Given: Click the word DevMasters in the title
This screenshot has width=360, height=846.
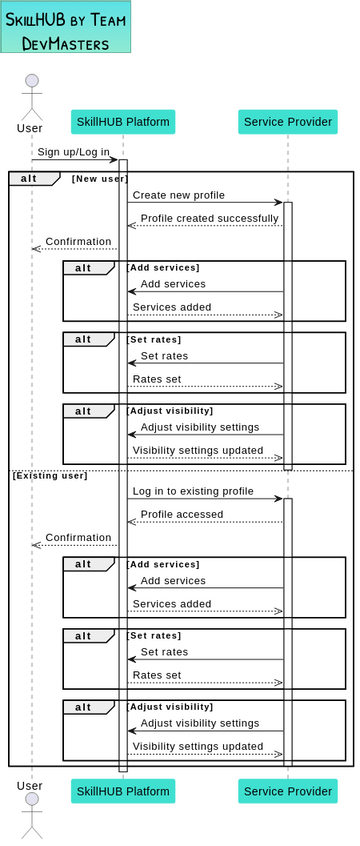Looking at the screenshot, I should click(x=65, y=43).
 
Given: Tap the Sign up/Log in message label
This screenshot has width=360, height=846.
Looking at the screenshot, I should click(x=74, y=152).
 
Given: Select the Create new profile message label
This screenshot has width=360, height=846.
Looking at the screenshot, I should click(x=178, y=195).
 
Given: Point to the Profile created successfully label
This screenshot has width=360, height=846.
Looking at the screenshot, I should click(x=209, y=218).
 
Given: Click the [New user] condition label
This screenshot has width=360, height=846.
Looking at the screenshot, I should click(x=99, y=178).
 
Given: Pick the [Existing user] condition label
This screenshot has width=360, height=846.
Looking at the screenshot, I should click(x=50, y=475).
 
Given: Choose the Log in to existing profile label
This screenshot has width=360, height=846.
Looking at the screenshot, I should click(x=193, y=491).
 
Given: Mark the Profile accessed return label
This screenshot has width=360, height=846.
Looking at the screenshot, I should click(x=182, y=514).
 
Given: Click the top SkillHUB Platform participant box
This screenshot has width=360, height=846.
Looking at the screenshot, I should click(x=123, y=122).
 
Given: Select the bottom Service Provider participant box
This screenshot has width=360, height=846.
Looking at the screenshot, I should click(x=287, y=792).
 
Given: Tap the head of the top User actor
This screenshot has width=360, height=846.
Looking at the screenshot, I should click(x=32, y=81).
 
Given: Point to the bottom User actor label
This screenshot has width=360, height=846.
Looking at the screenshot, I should click(x=30, y=787).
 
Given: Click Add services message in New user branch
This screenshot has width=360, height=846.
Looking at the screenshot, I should click(x=173, y=284).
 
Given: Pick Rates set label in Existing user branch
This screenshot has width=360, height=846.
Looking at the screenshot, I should click(x=157, y=675).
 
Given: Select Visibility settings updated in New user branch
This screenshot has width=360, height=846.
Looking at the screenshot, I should click(x=198, y=450).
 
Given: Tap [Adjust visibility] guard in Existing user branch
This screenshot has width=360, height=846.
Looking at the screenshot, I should click(x=169, y=707).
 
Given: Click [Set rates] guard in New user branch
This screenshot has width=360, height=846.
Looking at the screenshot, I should click(x=153, y=339).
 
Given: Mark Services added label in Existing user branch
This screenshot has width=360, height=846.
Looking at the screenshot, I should click(x=172, y=604).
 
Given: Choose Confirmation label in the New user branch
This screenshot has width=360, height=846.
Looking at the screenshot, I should click(x=78, y=241).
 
